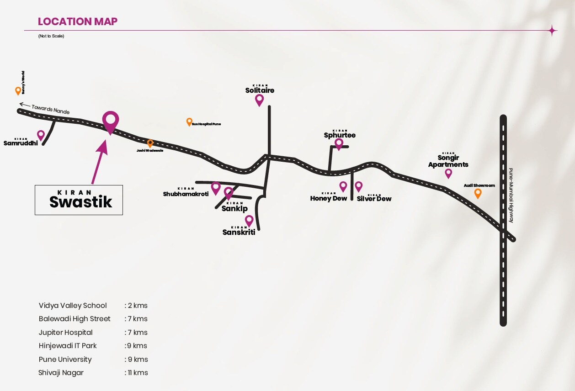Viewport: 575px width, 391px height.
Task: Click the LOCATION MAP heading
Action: point(77,21)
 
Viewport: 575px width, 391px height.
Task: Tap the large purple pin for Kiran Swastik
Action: point(110,122)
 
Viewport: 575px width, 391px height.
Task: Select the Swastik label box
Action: point(79,200)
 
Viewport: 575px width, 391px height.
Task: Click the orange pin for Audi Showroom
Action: point(478,193)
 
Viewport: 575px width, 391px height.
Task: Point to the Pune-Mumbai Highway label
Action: point(511,195)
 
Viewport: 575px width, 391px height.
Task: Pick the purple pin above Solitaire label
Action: point(259,100)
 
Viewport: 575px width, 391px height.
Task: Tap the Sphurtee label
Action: point(340,135)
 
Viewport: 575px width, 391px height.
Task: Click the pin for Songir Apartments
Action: point(448,173)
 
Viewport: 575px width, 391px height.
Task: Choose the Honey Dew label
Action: point(328,199)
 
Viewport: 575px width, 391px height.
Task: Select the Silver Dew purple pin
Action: point(358,186)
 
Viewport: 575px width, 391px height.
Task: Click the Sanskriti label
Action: point(239,232)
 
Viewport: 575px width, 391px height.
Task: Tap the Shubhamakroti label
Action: point(186,194)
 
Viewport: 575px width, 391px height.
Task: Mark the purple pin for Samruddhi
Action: point(41,135)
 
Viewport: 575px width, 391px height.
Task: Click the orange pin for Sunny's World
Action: point(18,90)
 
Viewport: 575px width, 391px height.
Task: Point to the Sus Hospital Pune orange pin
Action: point(189,122)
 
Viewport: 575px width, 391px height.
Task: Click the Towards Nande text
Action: point(50,109)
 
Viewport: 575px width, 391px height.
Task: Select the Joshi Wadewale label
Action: point(150,150)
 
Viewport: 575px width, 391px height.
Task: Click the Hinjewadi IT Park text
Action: point(68,346)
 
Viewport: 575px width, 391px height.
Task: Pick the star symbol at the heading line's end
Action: point(552,31)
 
